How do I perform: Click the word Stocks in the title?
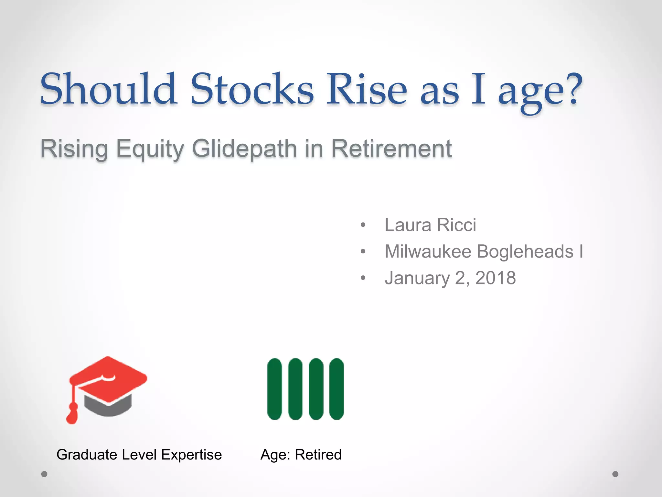(252, 89)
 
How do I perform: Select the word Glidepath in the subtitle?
(244, 149)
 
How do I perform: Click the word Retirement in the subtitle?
(391, 149)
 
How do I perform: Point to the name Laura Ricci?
(430, 225)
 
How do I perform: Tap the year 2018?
(495, 278)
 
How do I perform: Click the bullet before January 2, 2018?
(363, 278)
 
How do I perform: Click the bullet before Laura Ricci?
(363, 225)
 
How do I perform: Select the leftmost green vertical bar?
(275, 389)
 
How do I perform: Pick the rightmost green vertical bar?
(336, 389)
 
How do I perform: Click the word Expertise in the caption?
(191, 455)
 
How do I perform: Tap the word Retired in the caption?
(318, 455)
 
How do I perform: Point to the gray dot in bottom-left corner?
(44, 474)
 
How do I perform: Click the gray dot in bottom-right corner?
(615, 474)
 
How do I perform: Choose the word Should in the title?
(108, 89)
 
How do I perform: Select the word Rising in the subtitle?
(74, 149)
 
